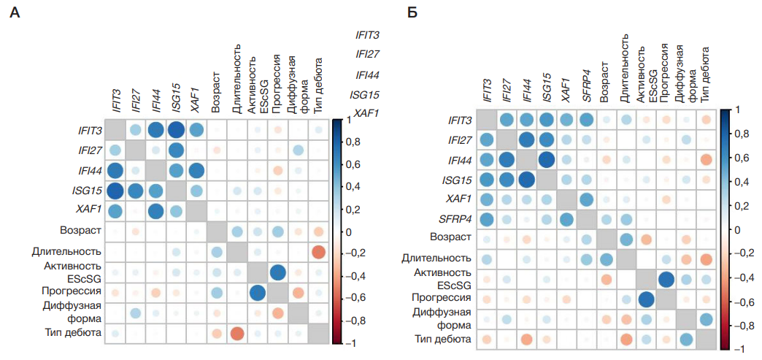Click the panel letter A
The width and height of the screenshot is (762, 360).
14,13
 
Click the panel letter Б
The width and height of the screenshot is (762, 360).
412,13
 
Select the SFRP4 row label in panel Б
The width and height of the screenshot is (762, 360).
453,218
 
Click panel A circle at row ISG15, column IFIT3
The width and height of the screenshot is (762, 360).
115,191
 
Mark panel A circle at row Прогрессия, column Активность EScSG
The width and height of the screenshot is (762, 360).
258,293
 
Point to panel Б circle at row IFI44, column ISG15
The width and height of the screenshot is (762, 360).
546,159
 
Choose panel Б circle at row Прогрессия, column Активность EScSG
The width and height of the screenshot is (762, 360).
644,299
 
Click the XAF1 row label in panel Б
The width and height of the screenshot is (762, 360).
458,199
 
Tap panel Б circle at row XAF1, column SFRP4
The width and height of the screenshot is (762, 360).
585,199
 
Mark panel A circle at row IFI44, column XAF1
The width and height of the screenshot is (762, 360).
196,170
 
